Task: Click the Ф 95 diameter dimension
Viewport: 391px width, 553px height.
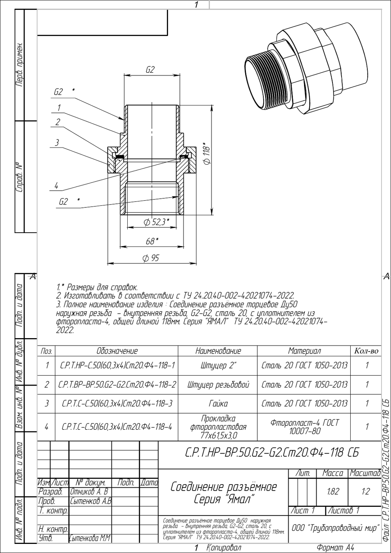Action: click(x=151, y=258)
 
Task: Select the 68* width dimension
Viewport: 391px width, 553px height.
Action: click(x=152, y=241)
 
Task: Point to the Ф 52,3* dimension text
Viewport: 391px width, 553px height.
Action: click(x=157, y=222)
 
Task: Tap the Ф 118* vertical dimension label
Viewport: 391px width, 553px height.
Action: click(x=206, y=153)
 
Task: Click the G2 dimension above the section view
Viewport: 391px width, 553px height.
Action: click(x=150, y=70)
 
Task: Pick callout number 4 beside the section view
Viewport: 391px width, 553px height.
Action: click(x=57, y=186)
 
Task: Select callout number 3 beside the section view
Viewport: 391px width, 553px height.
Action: click(x=57, y=143)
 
